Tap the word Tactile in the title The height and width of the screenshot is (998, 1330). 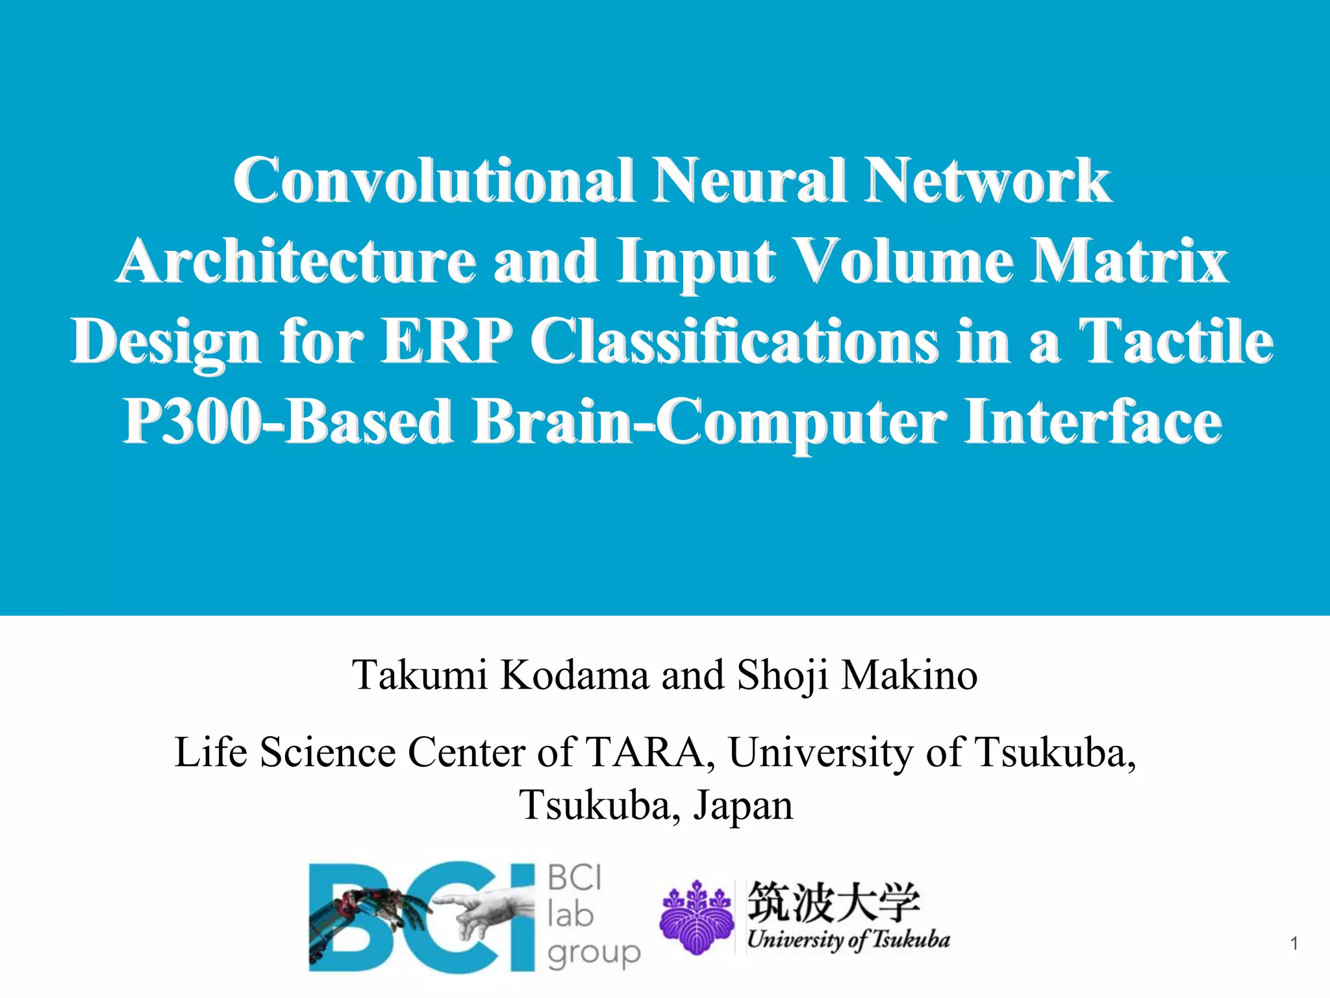click(1175, 342)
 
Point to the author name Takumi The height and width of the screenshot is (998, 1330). click(420, 675)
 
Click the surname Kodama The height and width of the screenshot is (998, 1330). click(574, 675)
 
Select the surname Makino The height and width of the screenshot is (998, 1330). click(909, 675)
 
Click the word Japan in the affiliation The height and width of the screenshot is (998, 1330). click(743, 806)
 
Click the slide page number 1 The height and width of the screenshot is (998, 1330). click(1294, 944)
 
